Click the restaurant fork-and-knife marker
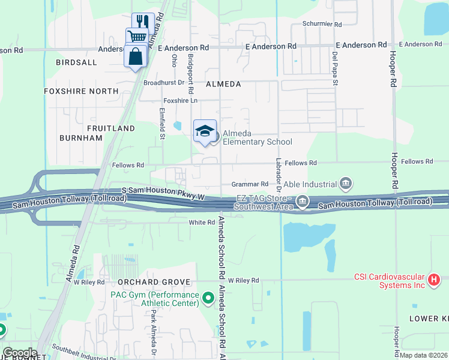tap(143, 22)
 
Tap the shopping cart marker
tap(137, 37)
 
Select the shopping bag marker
tap(135, 56)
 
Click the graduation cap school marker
tap(205, 131)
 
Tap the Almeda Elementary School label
tap(257, 137)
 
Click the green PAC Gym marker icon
tap(208, 298)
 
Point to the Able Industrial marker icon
tap(346, 183)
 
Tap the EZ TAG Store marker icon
tap(303, 203)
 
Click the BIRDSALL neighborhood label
tap(76, 62)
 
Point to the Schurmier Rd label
tap(322, 25)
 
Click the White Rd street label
tap(202, 223)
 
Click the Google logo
tap(20, 353)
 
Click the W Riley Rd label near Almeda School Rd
tap(238, 280)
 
